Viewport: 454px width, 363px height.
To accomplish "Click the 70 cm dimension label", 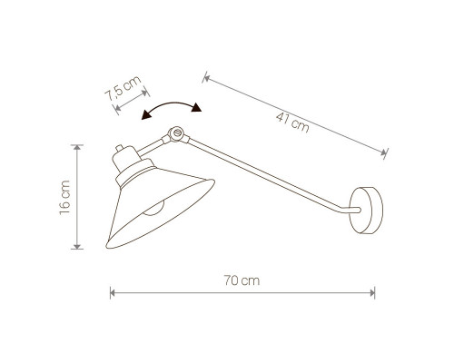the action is tap(242, 280).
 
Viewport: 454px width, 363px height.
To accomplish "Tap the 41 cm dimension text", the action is tap(292, 122).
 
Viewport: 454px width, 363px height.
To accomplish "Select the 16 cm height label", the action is tap(64, 198).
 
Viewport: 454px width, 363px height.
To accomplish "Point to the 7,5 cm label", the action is tap(123, 88).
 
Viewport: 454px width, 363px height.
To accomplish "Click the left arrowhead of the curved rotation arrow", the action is tap(146, 115).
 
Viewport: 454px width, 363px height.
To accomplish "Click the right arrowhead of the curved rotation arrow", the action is tap(196, 108).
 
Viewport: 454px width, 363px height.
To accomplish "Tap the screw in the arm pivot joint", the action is tap(177, 132).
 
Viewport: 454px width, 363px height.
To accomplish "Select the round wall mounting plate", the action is tap(366, 211).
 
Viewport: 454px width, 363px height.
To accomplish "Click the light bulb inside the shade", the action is tap(154, 209).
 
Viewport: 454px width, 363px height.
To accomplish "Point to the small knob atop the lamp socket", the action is tap(120, 148).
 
